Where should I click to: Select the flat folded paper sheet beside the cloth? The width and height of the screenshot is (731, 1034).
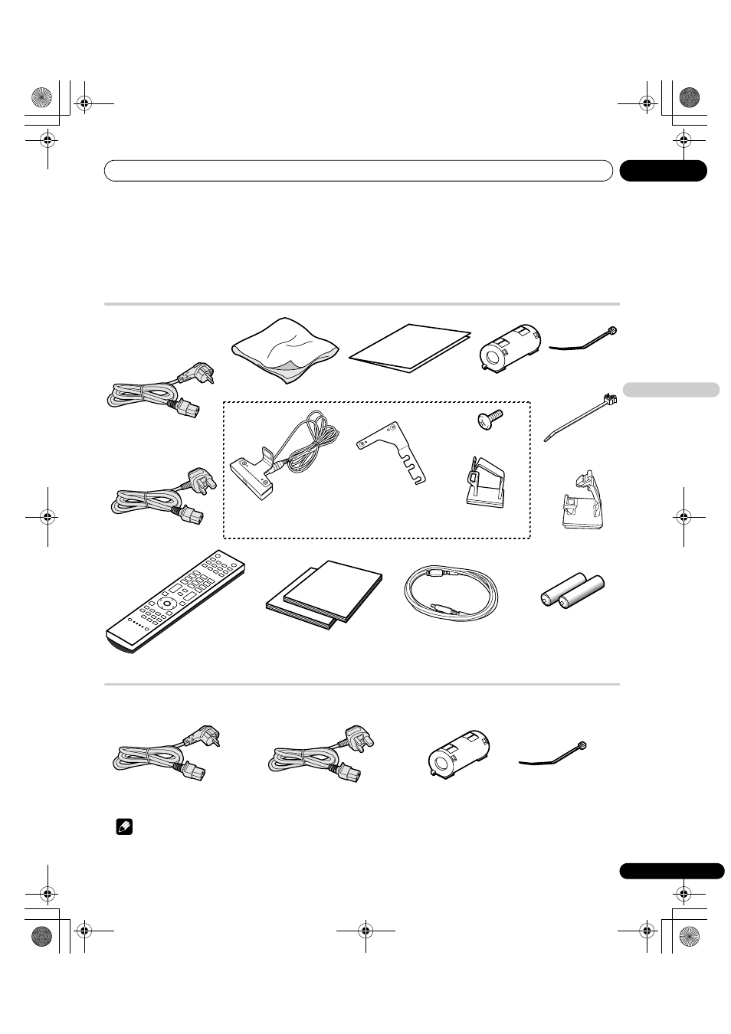[x=410, y=349]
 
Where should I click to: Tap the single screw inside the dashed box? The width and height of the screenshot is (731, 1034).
[x=488, y=418]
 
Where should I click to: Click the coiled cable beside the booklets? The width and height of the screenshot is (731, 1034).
[x=451, y=597]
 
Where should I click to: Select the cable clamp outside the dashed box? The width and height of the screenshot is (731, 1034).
[x=580, y=505]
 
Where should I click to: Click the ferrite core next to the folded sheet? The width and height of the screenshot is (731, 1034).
[x=510, y=345]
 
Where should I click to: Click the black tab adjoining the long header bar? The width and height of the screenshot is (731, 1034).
[x=663, y=171]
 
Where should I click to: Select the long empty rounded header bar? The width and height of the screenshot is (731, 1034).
[x=358, y=171]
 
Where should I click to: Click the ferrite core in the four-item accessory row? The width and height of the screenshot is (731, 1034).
[x=459, y=754]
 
